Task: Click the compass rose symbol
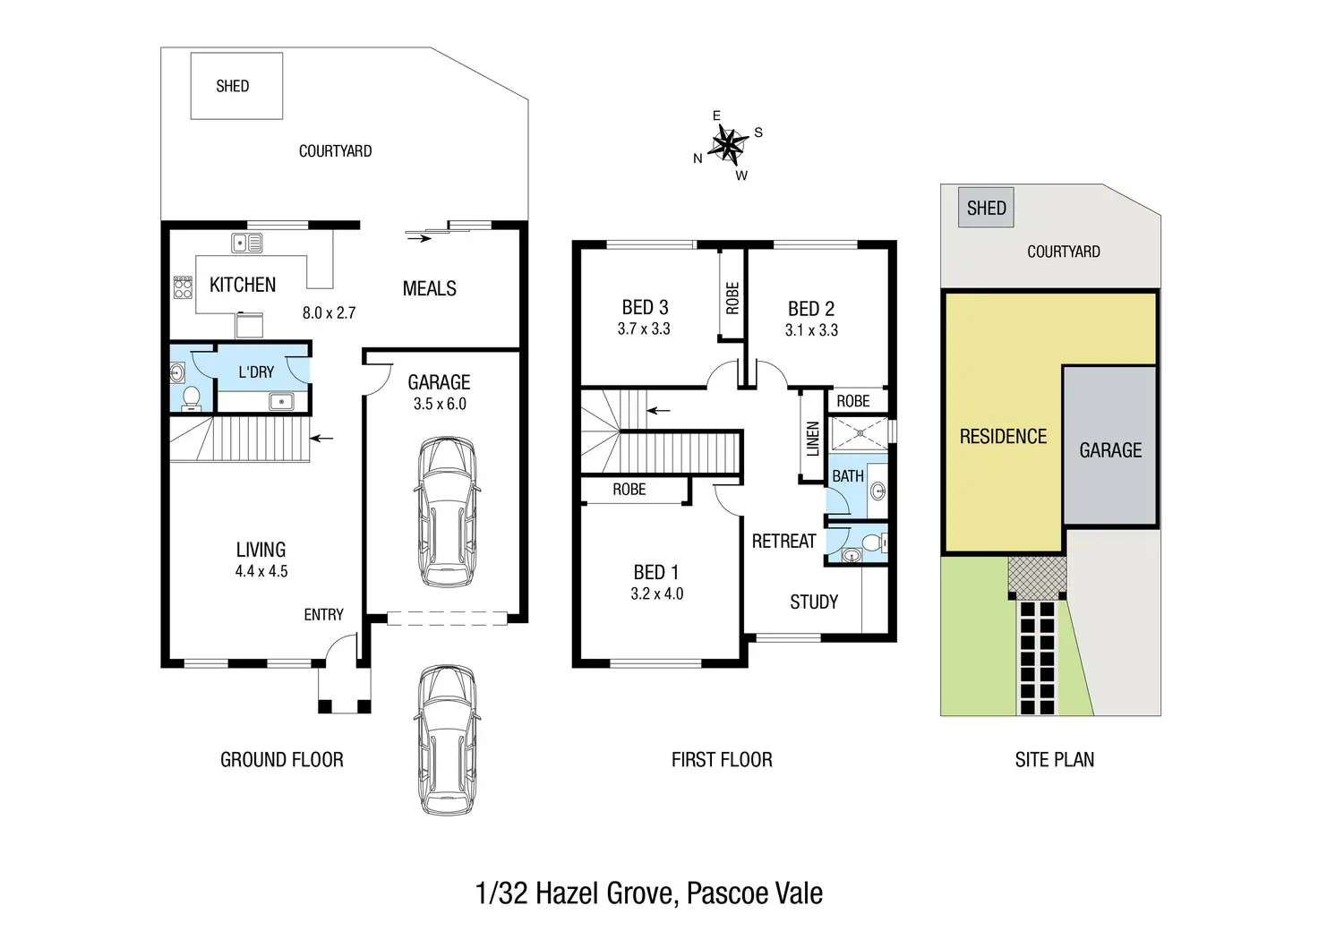click(729, 145)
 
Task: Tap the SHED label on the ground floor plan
click(233, 87)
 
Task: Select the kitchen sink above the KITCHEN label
click(246, 243)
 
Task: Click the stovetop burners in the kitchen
click(183, 287)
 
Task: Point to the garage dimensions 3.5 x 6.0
click(440, 404)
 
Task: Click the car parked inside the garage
click(447, 512)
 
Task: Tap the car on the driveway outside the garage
click(447, 739)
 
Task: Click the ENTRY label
click(323, 615)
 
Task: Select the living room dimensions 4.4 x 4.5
click(261, 571)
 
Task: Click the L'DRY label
click(256, 372)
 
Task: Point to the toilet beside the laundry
click(191, 397)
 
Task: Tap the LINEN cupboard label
click(813, 439)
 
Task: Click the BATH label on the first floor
click(848, 475)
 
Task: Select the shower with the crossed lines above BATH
click(860, 433)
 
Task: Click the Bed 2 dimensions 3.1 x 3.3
click(811, 330)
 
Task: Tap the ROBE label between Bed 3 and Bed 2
click(732, 298)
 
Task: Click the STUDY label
click(814, 602)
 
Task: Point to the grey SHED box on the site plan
click(986, 208)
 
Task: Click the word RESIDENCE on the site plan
click(1003, 436)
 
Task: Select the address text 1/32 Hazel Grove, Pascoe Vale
click(649, 893)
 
